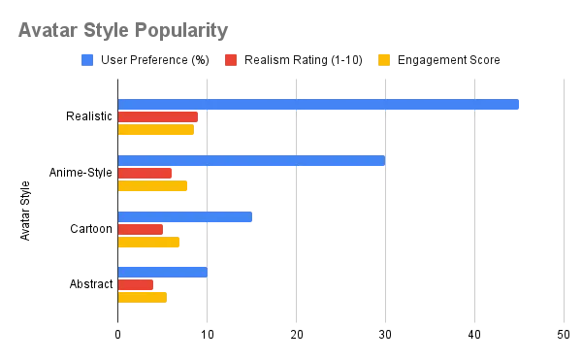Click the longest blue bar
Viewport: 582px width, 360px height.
coord(318,104)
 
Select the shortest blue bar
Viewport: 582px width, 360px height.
coord(162,272)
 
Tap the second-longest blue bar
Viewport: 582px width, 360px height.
coord(251,162)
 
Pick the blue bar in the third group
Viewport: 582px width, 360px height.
coord(186,217)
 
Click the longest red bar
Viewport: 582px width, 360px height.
coord(158,117)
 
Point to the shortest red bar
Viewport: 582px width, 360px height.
coord(136,285)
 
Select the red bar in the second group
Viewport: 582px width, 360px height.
coord(145,174)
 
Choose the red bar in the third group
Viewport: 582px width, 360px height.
coord(141,230)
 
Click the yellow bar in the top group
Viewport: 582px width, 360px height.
coord(155,130)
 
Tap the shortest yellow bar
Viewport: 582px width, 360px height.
coord(143,296)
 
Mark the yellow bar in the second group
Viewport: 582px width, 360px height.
coord(154,185)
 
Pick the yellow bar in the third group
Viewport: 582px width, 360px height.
coord(150,241)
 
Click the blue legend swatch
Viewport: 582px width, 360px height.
coord(86,60)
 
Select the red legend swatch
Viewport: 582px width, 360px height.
coord(232,60)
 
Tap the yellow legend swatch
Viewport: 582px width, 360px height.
coord(384,59)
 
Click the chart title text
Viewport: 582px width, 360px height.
coord(123,29)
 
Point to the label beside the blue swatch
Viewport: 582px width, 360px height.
coord(155,61)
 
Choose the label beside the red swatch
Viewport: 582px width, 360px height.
coord(303,61)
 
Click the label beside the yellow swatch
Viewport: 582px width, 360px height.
coord(451,61)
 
